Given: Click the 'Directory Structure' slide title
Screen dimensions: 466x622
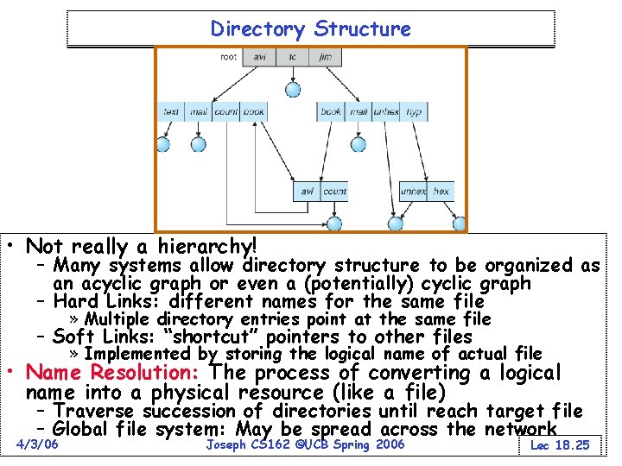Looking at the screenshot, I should pyautogui.click(x=311, y=28).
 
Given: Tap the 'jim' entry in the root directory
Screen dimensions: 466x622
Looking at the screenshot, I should pyautogui.click(x=325, y=58).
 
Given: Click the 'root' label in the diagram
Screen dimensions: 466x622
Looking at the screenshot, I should pyautogui.click(x=229, y=58).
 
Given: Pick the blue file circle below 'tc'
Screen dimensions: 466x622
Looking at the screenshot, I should pyautogui.click(x=293, y=89).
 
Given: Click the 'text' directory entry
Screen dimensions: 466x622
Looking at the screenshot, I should pyautogui.click(x=171, y=111).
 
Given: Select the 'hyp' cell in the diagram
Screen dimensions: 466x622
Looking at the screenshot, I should pyautogui.click(x=414, y=112).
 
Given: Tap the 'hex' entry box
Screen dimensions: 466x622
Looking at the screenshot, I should pyautogui.click(x=441, y=191).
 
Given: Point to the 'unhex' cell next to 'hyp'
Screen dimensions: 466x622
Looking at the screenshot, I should pyautogui.click(x=385, y=112).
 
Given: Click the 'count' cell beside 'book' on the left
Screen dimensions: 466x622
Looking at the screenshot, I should pyautogui.click(x=226, y=111).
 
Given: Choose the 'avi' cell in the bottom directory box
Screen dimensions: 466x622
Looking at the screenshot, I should pyautogui.click(x=307, y=191).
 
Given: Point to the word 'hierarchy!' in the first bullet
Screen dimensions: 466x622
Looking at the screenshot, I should pyautogui.click(x=202, y=246).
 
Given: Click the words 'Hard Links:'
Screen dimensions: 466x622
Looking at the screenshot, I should pyautogui.click(x=106, y=301).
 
